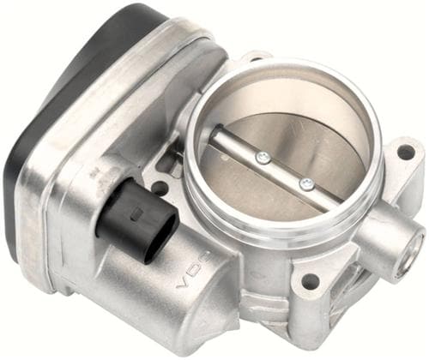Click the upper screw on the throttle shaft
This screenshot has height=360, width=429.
click(263, 158)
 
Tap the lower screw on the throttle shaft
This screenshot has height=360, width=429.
click(307, 183)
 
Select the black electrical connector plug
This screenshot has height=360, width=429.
click(136, 221)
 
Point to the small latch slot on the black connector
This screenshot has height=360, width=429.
click(136, 214)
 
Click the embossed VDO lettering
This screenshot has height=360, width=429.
click(195, 269)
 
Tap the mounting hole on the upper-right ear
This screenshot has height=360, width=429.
click(405, 150)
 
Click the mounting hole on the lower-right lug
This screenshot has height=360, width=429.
click(308, 280)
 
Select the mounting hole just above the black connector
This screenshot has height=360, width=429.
click(160, 188)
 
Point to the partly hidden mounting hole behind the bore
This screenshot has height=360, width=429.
click(257, 59)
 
